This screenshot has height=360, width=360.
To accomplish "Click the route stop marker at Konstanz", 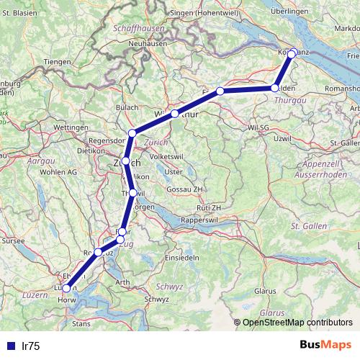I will tap(292, 53).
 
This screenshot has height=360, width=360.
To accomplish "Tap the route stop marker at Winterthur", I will tap(175, 114).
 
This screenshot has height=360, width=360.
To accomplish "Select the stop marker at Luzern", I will tap(67, 289).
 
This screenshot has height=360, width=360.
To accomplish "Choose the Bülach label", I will tap(127, 108).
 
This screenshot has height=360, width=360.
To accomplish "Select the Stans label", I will tap(81, 325).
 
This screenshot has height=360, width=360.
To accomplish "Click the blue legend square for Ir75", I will tap(8, 346).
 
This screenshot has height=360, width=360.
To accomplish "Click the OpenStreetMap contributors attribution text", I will tap(297, 322).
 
